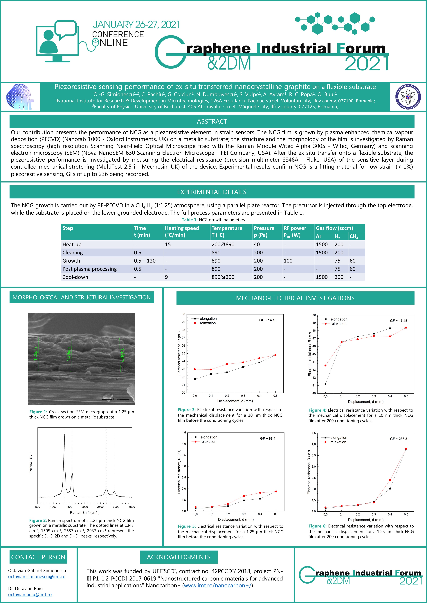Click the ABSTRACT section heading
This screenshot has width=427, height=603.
pos(212,121)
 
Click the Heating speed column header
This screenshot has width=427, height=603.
pos(182,231)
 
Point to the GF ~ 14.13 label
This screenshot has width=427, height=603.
pos(268,320)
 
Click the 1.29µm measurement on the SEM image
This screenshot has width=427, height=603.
pos(69,354)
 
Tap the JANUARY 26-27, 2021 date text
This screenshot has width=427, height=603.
pos(136,25)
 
